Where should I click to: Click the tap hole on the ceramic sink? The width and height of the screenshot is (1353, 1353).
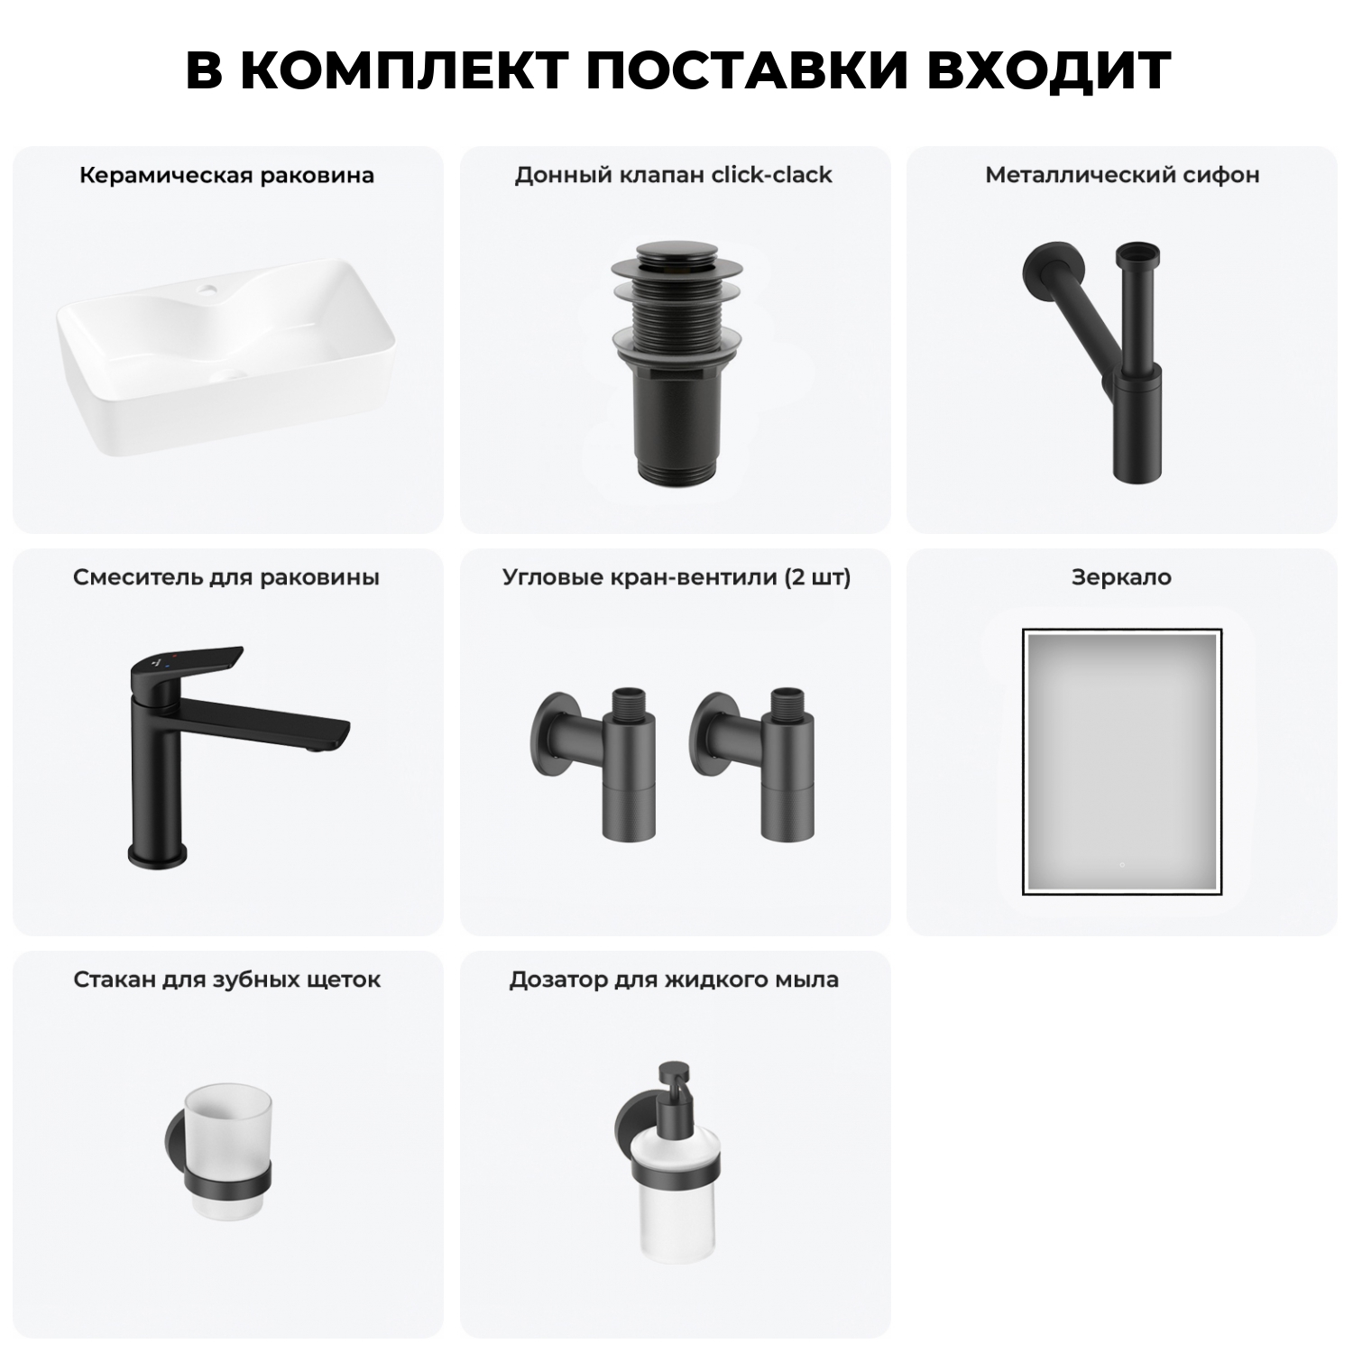click(209, 290)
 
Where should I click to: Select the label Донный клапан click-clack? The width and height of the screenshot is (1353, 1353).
click(673, 175)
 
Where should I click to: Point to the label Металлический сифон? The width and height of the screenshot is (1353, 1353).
click(1121, 175)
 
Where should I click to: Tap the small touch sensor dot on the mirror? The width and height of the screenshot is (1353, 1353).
click(1121, 865)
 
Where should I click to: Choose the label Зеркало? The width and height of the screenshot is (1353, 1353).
click(1121, 577)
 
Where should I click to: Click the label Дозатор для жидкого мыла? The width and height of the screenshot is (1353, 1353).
click(674, 980)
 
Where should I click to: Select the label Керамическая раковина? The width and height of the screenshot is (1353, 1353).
click(226, 175)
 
